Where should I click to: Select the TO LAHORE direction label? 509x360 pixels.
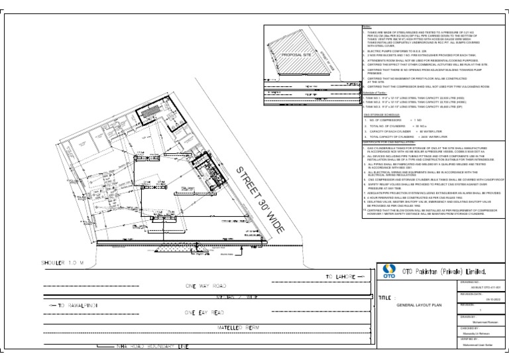341,275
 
